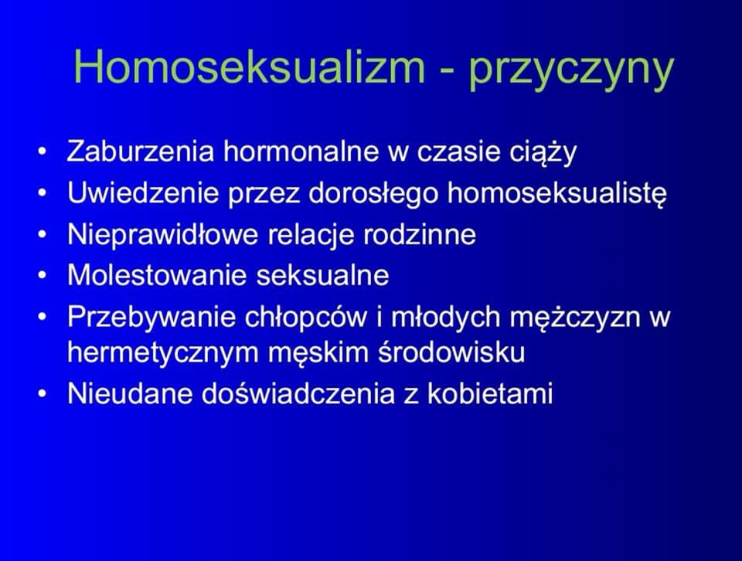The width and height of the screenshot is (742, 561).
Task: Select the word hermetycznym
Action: pyautogui.click(x=162, y=354)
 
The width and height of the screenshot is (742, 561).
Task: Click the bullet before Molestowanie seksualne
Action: pyautogui.click(x=43, y=276)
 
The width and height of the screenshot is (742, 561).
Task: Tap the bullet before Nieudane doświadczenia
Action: pyautogui.click(x=43, y=394)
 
